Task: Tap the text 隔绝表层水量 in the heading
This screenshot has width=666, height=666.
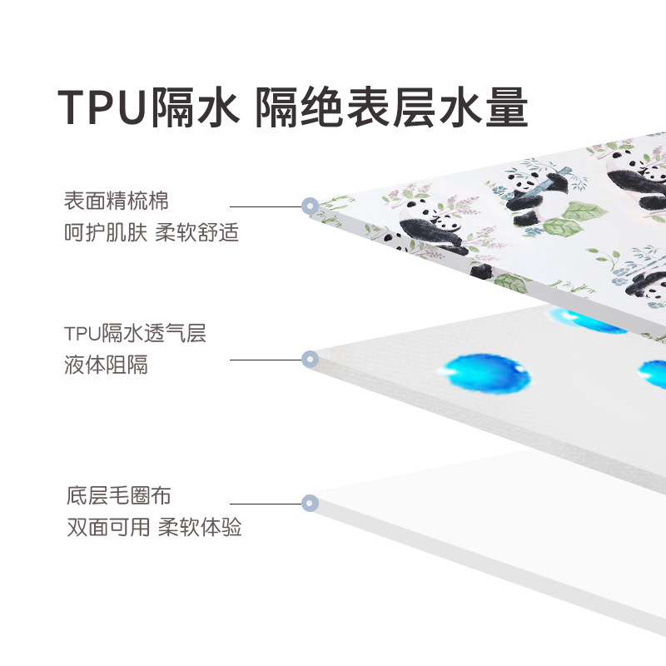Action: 391,107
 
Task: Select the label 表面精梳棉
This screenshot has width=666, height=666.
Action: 116,201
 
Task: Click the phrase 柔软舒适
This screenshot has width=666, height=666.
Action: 197,232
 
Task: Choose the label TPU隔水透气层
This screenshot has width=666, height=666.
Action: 135,334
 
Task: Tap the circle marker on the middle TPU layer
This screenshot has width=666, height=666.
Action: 309,360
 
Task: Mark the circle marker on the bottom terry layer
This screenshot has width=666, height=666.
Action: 310,503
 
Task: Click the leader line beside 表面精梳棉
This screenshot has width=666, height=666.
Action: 265,206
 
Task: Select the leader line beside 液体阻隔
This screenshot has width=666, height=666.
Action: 265,360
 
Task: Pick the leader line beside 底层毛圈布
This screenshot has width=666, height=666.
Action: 265,503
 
